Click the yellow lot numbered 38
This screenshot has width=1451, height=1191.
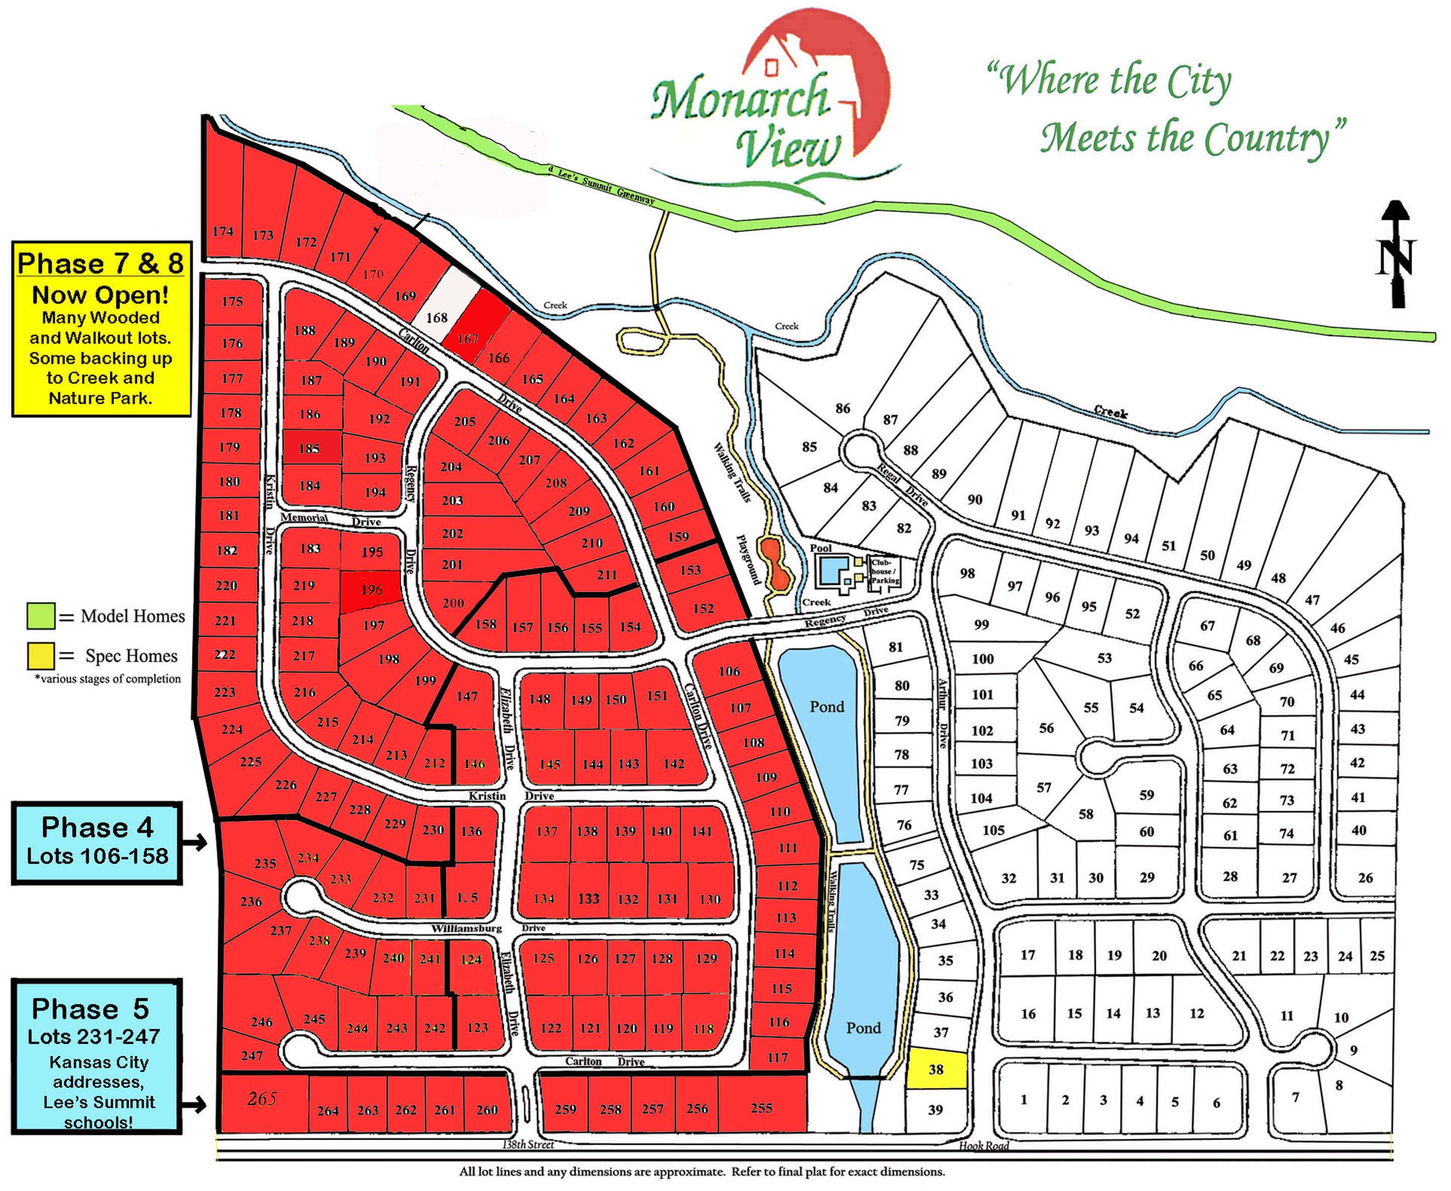[937, 1068]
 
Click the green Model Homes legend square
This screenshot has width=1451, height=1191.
[41, 616]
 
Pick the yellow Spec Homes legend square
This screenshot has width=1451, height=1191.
[41, 655]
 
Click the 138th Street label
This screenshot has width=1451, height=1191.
[528, 1144]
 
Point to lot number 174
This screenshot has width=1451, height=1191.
[223, 231]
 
